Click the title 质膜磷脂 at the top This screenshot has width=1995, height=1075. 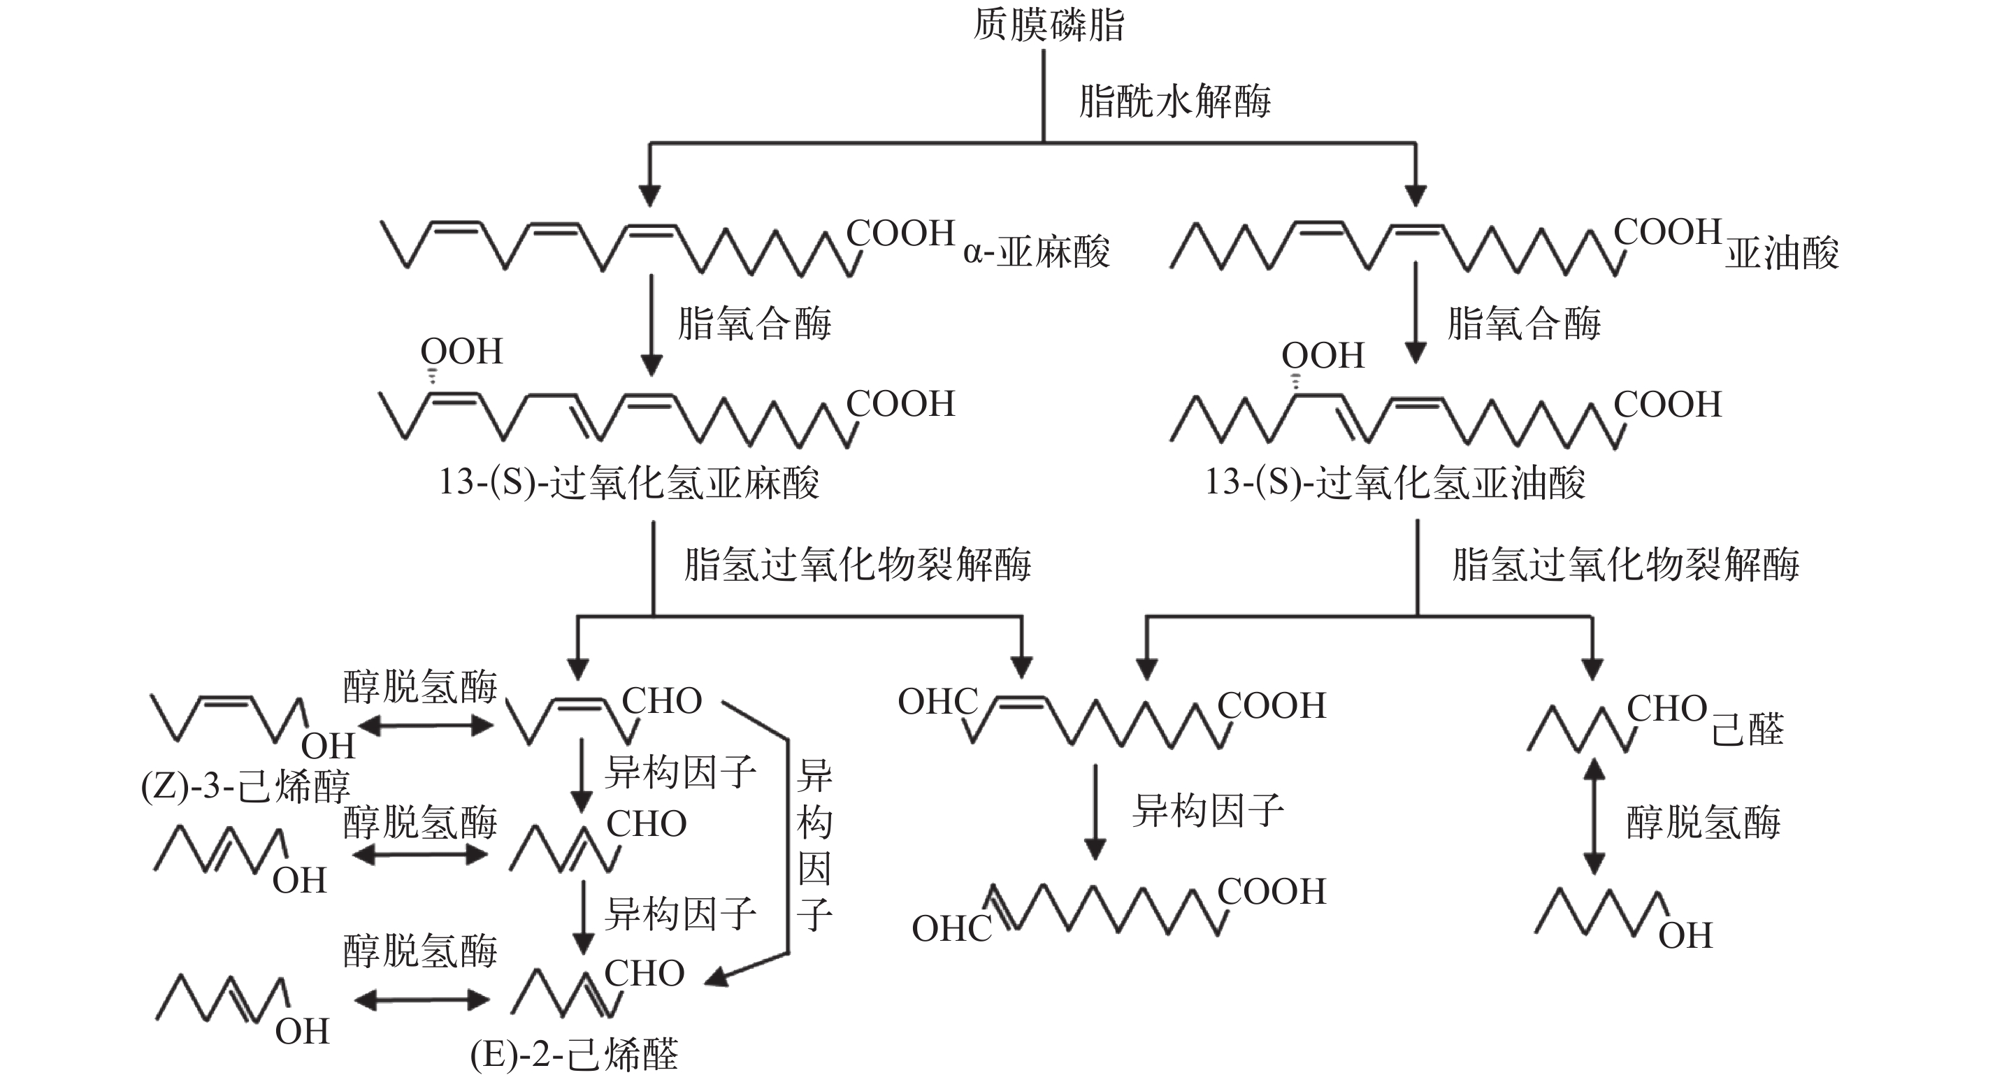pyautogui.click(x=1048, y=24)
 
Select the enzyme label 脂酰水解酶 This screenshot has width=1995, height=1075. pyautogui.click(x=1174, y=101)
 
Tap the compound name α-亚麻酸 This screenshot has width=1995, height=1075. pyautogui.click(x=1036, y=252)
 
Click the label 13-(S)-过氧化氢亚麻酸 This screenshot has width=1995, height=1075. pyautogui.click(x=629, y=482)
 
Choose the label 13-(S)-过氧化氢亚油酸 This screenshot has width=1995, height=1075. pyautogui.click(x=1395, y=482)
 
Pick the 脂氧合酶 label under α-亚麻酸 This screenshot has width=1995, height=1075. pyautogui.click(x=754, y=323)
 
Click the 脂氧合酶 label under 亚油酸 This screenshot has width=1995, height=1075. pyautogui.click(x=1523, y=323)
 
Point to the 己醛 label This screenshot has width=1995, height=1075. pyautogui.click(x=1747, y=730)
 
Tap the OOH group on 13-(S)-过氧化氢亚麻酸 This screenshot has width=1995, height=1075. pyautogui.click(x=461, y=352)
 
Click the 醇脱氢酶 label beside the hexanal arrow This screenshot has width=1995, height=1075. pyautogui.click(x=1702, y=822)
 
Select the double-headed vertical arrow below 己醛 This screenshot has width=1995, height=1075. pyautogui.click(x=1593, y=816)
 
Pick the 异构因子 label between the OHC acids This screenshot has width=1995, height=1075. pyautogui.click(x=1207, y=811)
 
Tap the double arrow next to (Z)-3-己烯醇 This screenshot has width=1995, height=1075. pyautogui.click(x=424, y=726)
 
